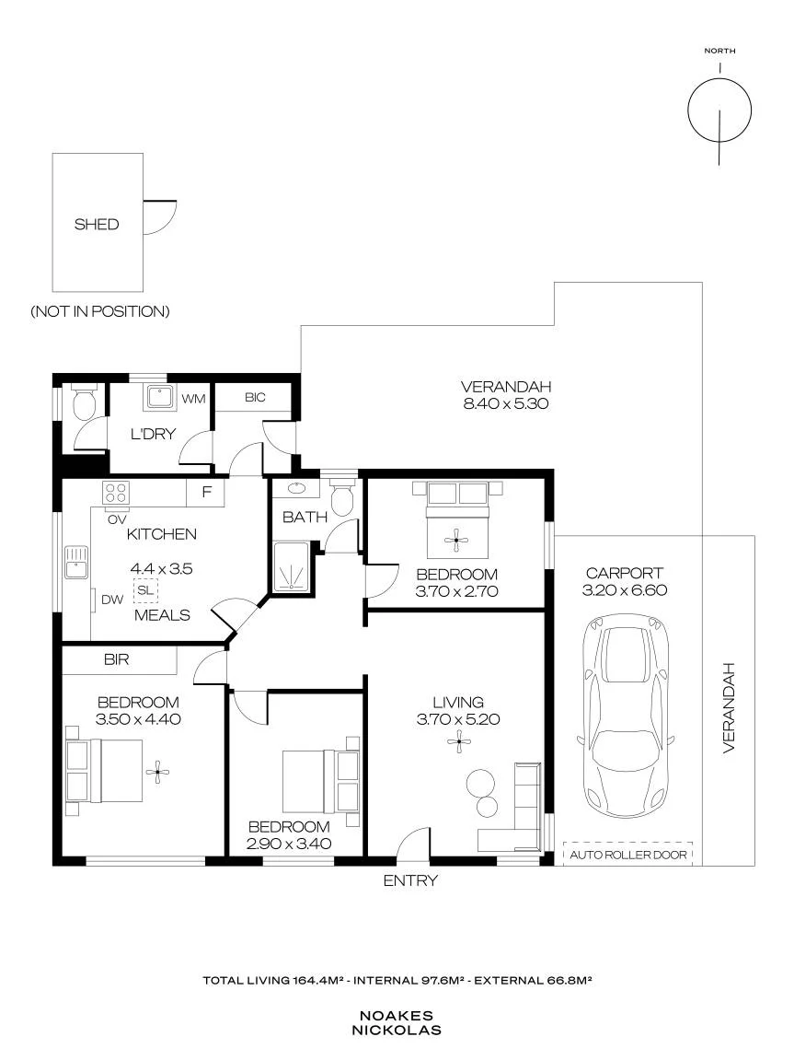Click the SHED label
point(97,225)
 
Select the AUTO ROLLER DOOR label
point(627,855)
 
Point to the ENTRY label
point(410,880)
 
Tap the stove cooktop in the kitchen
point(116,492)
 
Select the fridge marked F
point(206,492)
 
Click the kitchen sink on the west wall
point(76,562)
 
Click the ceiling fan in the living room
point(458,742)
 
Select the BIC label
point(255,398)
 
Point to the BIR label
point(116,659)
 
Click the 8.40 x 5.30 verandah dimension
point(506,404)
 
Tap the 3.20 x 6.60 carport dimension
point(625,590)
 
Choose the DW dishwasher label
point(112,600)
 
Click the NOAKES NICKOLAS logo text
point(397,1023)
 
